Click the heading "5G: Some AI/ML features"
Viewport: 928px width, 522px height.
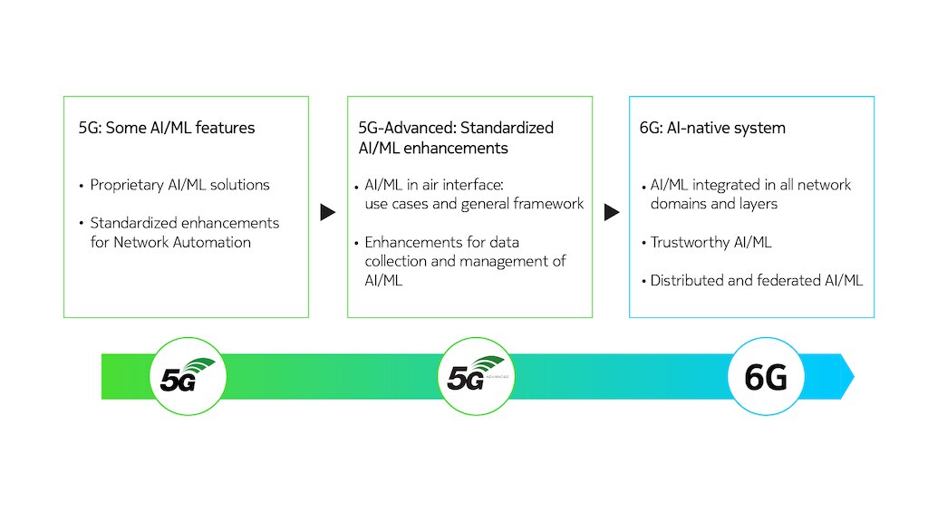coord(167,128)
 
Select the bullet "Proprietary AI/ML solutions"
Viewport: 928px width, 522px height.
coord(179,185)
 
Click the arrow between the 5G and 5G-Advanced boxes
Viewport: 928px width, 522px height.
coord(328,212)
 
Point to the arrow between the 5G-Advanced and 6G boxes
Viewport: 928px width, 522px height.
coord(612,212)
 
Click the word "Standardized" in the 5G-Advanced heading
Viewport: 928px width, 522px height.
coord(507,128)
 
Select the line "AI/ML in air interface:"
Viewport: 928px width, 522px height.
coord(434,185)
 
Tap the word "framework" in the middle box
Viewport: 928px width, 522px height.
coord(548,204)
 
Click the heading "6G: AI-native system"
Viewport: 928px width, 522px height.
coord(712,128)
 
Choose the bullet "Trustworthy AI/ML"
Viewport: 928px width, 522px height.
coord(710,243)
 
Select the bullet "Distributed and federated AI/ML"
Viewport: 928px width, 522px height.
coord(757,281)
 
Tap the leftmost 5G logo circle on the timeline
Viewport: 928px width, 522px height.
coord(188,376)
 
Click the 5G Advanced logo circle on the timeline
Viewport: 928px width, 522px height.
coord(477,376)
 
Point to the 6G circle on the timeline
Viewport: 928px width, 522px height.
coord(766,376)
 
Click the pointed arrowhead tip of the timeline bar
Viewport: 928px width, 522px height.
coord(854,376)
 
